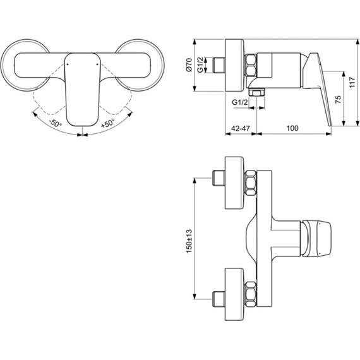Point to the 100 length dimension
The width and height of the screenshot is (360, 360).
(291, 128)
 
